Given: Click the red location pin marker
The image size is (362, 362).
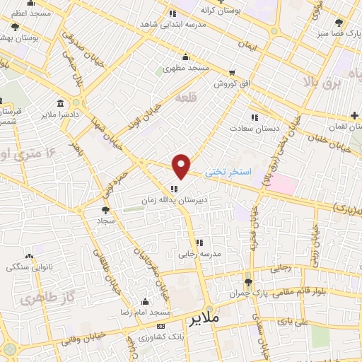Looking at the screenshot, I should [182, 166].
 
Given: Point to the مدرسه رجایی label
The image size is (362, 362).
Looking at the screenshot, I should [199, 252].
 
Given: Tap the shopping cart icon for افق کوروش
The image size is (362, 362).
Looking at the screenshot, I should [232, 73].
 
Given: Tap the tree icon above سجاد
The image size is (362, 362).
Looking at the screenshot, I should [106, 210].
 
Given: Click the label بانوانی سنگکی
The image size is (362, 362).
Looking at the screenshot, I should [29, 267].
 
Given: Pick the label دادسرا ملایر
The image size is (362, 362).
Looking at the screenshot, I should [58, 113].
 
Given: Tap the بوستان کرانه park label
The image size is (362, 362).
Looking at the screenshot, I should [197, 11].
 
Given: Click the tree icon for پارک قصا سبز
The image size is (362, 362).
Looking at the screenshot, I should [340, 23].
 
